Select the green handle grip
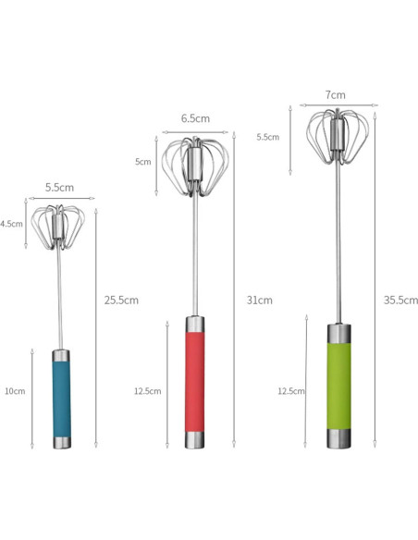pyautogui.click(x=338, y=385)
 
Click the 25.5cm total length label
pyautogui.click(x=122, y=300)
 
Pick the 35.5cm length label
pyautogui.click(x=400, y=300)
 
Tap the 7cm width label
pyautogui.click(x=335, y=94)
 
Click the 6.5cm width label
pyautogui.click(x=194, y=118)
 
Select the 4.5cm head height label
pyautogui.click(x=11, y=224)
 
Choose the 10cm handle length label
pyautogui.click(x=14, y=391)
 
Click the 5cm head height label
pyautogui.click(x=142, y=162)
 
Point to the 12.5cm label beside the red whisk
pyautogui.click(x=147, y=391)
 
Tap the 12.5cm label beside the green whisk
pyautogui.click(x=290, y=391)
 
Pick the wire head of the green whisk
pyautogui.click(x=336, y=140)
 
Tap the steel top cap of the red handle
pyautogui.click(x=195, y=325)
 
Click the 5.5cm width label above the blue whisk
pyautogui.click(x=59, y=187)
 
